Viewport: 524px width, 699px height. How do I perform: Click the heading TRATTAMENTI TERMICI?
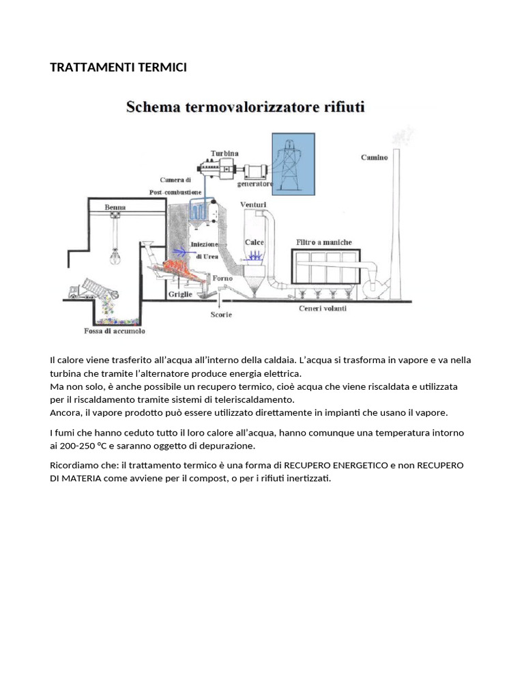point(118,67)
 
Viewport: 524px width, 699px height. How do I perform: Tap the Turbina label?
point(224,153)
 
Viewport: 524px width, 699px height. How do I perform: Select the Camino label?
point(374,157)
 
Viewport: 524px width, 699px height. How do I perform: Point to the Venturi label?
point(253,204)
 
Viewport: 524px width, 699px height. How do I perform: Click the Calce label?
point(254,242)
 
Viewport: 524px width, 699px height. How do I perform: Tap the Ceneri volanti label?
point(323,309)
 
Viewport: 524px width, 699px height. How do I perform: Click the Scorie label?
point(221,315)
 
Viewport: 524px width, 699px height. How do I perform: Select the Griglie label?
point(180,295)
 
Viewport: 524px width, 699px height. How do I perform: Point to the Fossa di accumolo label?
point(119,332)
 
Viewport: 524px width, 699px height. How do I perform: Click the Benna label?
point(115,206)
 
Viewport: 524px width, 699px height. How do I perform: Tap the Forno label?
point(222,279)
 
